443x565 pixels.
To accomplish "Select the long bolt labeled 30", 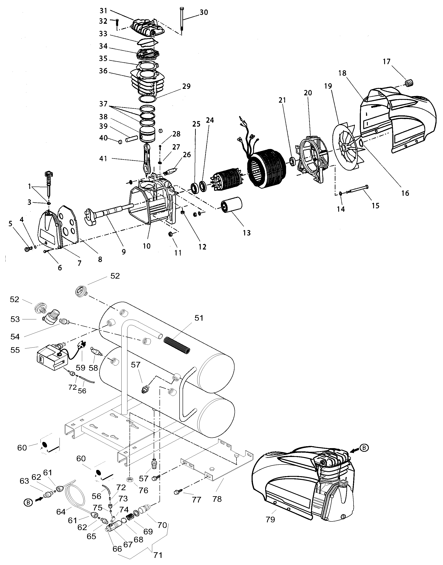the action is (181, 19).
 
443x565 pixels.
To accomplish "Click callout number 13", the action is (247, 233).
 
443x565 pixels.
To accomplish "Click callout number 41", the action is (103, 158).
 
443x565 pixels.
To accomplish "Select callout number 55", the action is (15, 350).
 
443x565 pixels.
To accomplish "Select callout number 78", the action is (217, 499).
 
